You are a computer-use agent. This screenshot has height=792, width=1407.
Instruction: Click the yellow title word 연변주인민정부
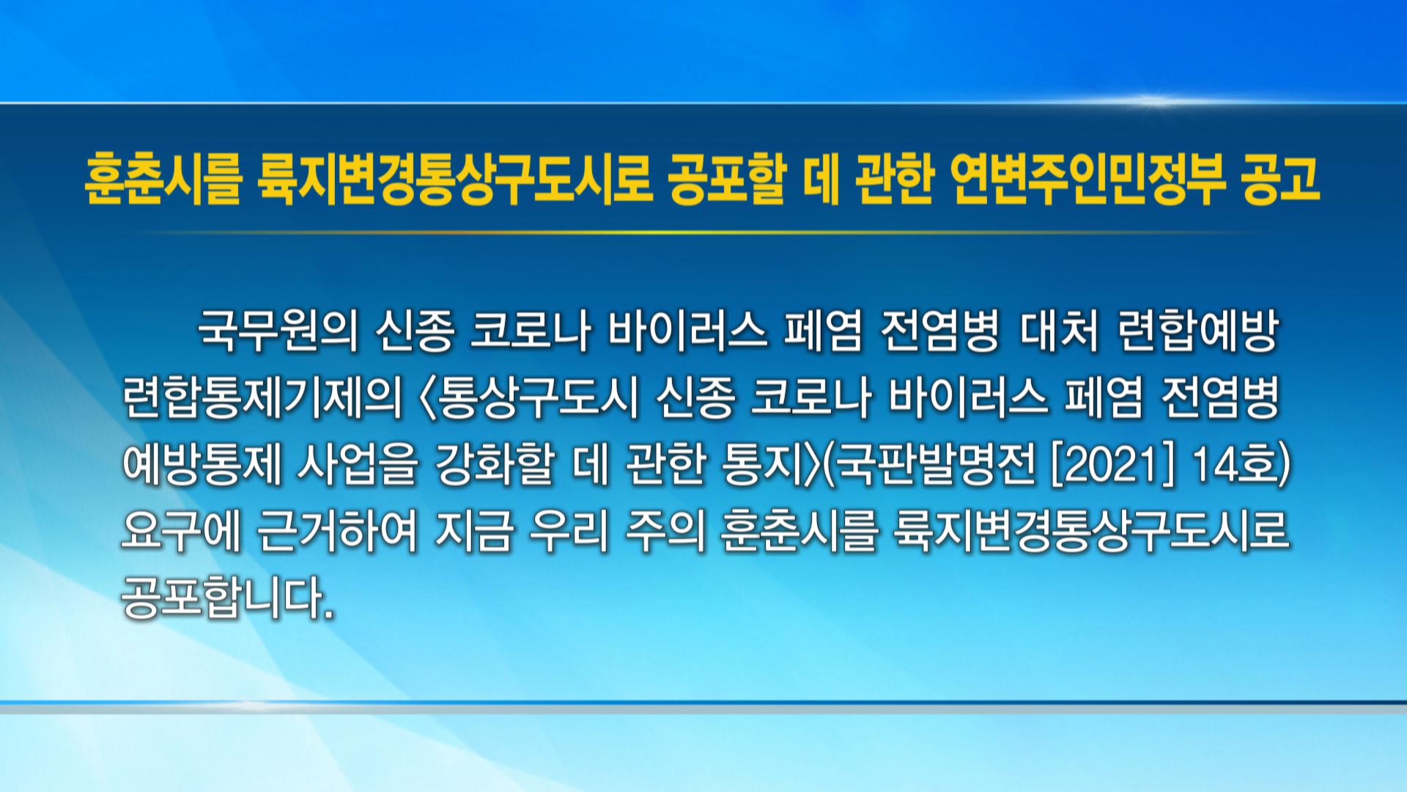click(1087, 179)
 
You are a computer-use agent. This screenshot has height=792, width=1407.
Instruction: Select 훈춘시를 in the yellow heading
click(163, 179)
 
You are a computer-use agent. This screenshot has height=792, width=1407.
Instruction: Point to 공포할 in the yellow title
click(727, 179)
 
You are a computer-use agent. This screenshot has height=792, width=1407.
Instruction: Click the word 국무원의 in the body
click(278, 332)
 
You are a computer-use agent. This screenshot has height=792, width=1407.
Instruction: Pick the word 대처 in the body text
click(1059, 332)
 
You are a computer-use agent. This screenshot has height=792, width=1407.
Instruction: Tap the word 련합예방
click(1198, 332)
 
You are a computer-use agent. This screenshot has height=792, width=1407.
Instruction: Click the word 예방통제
click(202, 465)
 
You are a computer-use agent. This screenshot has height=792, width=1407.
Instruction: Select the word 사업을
click(357, 465)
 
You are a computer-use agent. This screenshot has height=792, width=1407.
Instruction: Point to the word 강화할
click(495, 465)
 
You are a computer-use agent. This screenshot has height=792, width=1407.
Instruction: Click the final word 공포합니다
click(228, 597)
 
